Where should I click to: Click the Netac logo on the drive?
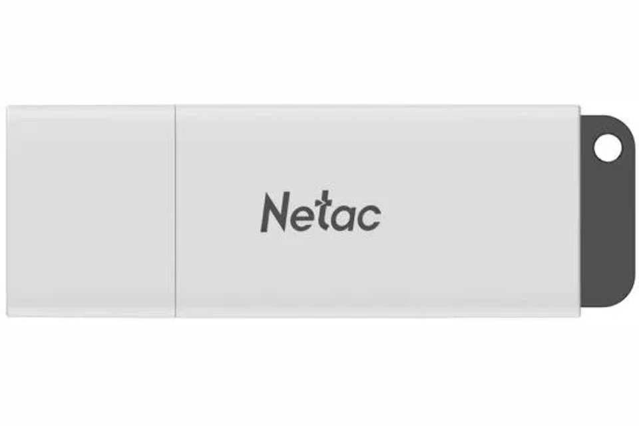coord(321,212)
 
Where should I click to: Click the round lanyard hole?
coord(608,148)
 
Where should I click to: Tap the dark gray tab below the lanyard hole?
coord(608,236)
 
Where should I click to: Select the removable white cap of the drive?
coord(91,211)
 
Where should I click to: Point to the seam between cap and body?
coord(176,211)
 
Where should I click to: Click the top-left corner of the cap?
coord(7,106)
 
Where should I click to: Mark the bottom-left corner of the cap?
coord(7,316)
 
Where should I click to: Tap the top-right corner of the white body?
coord(580,106)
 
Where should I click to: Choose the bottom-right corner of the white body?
coord(580,316)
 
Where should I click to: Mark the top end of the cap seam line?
coord(176,106)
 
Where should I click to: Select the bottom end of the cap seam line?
coord(176,317)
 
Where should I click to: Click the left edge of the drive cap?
coord(7,211)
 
